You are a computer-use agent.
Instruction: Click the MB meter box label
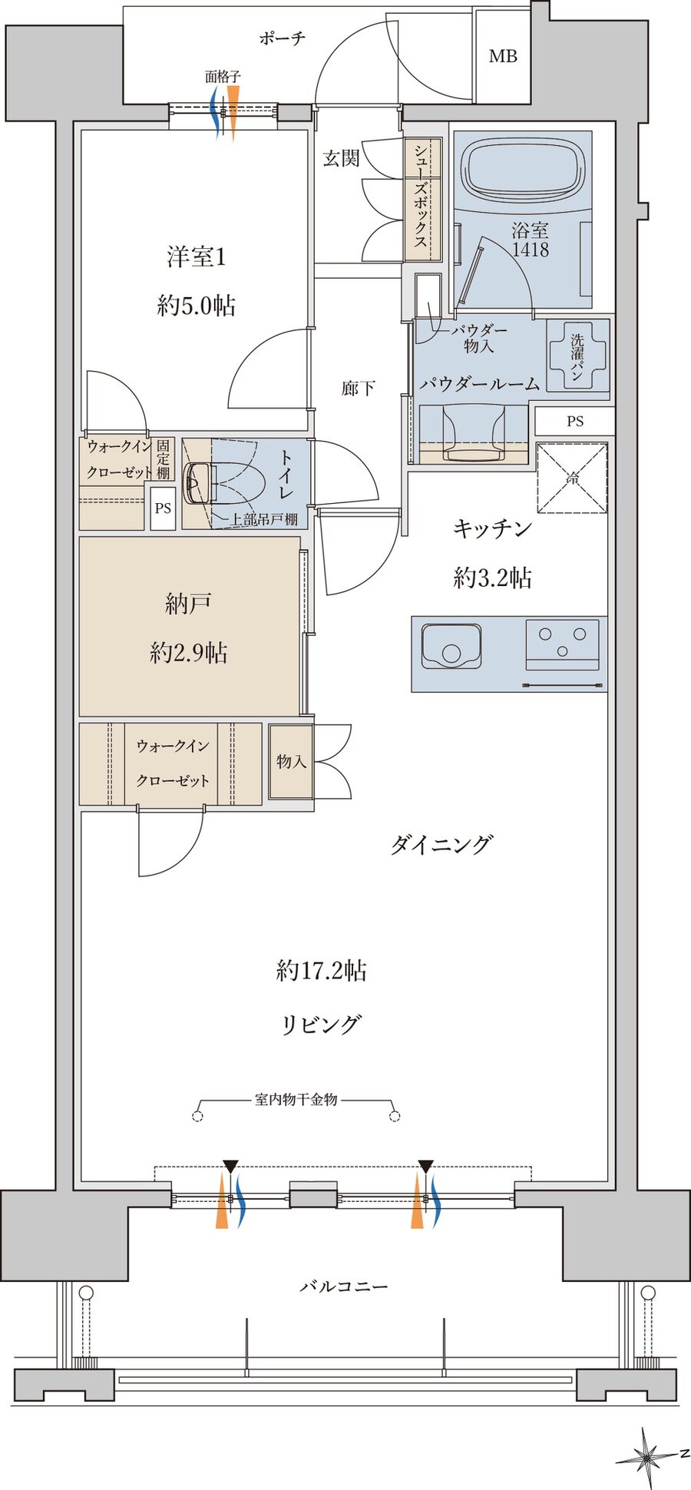pyautogui.click(x=503, y=56)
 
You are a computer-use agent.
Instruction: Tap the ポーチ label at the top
pyautogui.click(x=282, y=38)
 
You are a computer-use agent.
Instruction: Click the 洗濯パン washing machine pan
pyautogui.click(x=577, y=356)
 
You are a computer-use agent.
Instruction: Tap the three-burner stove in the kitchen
pyautogui.click(x=562, y=644)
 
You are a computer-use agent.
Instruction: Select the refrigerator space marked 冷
pyautogui.click(x=572, y=478)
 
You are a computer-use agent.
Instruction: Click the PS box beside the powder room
pyautogui.click(x=575, y=421)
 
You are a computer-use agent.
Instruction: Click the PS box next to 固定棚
pyautogui.click(x=163, y=508)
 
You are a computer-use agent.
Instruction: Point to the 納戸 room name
pyautogui.click(x=188, y=604)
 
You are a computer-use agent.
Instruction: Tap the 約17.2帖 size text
pyautogui.click(x=322, y=971)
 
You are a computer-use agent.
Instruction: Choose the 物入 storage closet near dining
pyautogui.click(x=292, y=761)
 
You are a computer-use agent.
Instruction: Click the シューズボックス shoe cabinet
pyautogui.click(x=422, y=197)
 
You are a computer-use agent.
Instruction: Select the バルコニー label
pyautogui.click(x=343, y=1286)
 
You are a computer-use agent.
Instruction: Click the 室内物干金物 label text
pyautogui.click(x=296, y=1099)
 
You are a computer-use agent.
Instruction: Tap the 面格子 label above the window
pyautogui.click(x=223, y=77)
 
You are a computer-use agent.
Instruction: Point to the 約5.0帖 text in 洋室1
pyautogui.click(x=196, y=306)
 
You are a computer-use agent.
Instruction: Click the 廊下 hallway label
pyautogui.click(x=358, y=388)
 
